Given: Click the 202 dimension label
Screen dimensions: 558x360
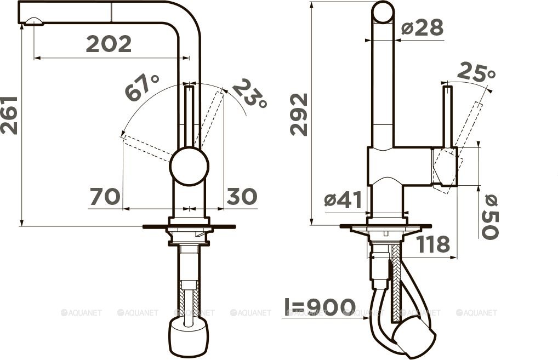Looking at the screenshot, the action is click(x=109, y=44).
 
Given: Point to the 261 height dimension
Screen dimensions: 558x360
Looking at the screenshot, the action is click(x=9, y=115).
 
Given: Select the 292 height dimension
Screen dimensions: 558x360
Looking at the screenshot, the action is click(x=299, y=114).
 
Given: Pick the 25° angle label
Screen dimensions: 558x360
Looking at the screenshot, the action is click(x=476, y=72).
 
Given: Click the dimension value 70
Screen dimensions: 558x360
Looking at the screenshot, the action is click(x=105, y=197).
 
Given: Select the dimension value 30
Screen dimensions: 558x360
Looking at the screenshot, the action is click(x=242, y=196).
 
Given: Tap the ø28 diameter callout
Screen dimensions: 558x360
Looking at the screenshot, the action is click(x=423, y=27).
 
